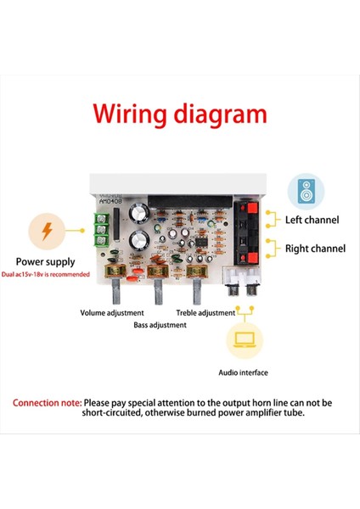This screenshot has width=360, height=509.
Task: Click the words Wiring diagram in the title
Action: point(179,115)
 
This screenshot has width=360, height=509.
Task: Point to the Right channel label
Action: point(315,249)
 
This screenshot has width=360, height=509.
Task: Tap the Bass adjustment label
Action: point(161,324)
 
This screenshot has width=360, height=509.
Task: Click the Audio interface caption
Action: point(243,372)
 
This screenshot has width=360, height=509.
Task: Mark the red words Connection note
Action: point(48,402)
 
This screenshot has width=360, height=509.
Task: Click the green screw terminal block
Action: point(101,231)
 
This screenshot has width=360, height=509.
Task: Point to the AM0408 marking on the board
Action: point(111,201)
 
